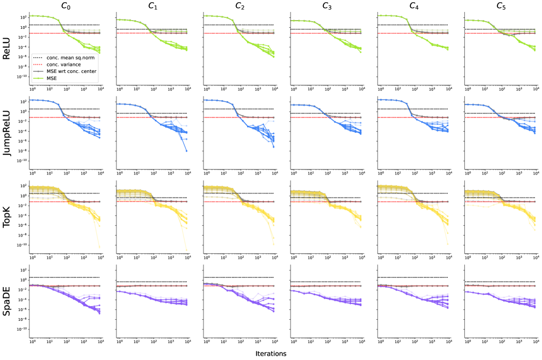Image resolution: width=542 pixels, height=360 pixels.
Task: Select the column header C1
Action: pyautogui.click(x=152, y=6)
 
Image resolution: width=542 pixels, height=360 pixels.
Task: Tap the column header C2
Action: pyautogui.click(x=239, y=6)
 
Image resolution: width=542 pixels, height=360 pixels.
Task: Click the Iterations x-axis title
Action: pyautogui.click(x=271, y=353)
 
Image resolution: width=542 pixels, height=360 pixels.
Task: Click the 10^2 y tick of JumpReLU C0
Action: pyautogui.click(x=22, y=102)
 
